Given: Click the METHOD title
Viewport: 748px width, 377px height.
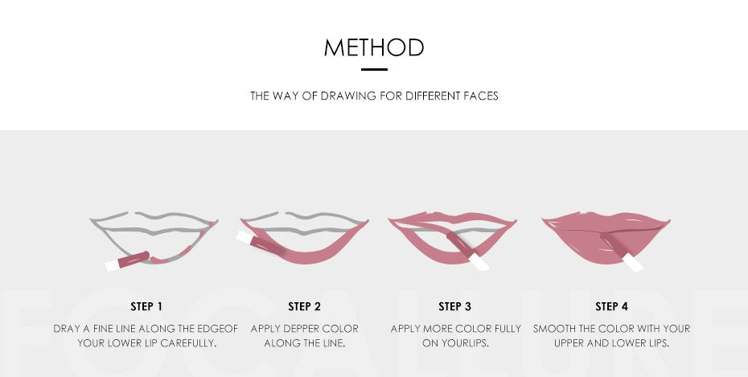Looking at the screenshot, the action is click(x=374, y=47).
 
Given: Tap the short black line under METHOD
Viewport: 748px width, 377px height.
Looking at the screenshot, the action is click(x=374, y=70).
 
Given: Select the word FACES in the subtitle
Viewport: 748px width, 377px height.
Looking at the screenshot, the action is click(x=481, y=96).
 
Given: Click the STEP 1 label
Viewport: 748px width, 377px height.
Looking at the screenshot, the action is click(x=146, y=306).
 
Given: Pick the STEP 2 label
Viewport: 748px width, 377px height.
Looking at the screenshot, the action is click(x=304, y=306).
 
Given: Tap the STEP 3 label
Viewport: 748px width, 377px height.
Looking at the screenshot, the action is click(x=454, y=306).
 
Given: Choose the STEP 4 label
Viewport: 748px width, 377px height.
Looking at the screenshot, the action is click(x=611, y=306).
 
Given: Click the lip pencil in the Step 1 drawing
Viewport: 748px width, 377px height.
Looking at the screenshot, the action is click(x=127, y=260).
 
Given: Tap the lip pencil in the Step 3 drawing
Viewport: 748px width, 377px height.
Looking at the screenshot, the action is click(x=468, y=252).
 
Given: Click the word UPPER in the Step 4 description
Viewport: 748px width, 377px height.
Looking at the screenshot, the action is click(x=570, y=342).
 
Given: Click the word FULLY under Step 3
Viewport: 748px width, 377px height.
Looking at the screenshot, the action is click(x=505, y=329).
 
